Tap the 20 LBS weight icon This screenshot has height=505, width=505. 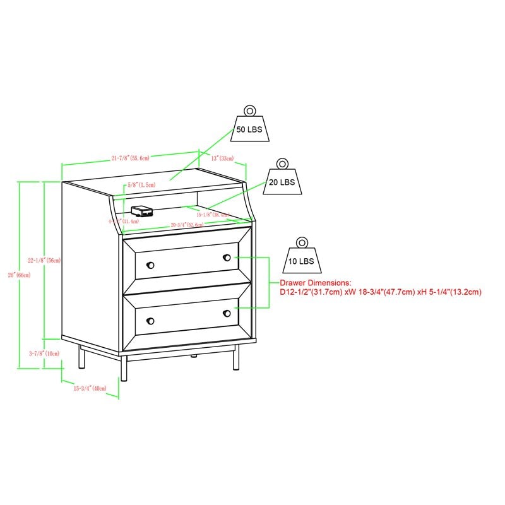[x=283, y=179]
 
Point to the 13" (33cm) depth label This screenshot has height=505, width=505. [x=222, y=158]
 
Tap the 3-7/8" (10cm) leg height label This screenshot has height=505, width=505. [x=45, y=353]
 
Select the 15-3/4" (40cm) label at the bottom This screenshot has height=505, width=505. [x=90, y=388]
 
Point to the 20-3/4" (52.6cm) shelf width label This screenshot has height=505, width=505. [x=187, y=225]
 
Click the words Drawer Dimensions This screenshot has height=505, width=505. [x=315, y=283]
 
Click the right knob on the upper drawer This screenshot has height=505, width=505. [x=226, y=258]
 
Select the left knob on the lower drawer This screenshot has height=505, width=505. [x=150, y=319]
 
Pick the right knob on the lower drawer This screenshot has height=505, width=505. [x=226, y=313]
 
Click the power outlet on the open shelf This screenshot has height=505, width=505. [x=140, y=210]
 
